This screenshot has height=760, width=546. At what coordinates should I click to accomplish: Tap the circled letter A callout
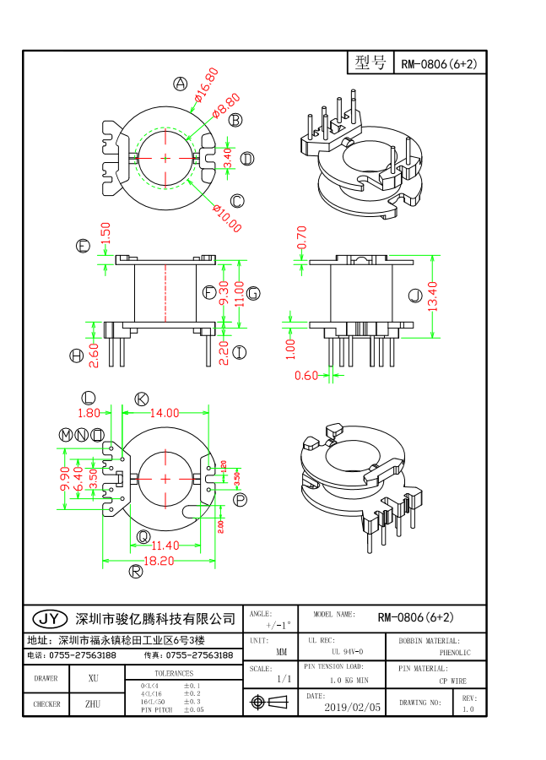point(180,83)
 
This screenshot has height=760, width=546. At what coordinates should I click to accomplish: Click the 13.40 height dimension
point(433,296)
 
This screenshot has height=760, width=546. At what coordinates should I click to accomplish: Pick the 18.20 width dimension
point(159,560)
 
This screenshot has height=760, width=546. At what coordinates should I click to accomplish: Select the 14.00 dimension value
point(165,413)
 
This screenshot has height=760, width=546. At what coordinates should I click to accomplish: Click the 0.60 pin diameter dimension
point(306,376)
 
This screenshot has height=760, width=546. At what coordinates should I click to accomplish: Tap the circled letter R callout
point(135,572)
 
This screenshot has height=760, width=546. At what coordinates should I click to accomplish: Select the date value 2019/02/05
point(352,707)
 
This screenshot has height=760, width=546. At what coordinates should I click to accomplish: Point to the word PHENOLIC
point(457,653)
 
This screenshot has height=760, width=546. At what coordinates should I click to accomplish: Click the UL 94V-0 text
point(347,652)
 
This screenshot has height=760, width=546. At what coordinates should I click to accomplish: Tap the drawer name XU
point(93,678)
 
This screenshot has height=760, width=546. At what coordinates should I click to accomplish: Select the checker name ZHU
point(93,703)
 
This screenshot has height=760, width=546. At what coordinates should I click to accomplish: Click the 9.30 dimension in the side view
point(224,293)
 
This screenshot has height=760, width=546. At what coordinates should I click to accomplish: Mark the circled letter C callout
point(237,200)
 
